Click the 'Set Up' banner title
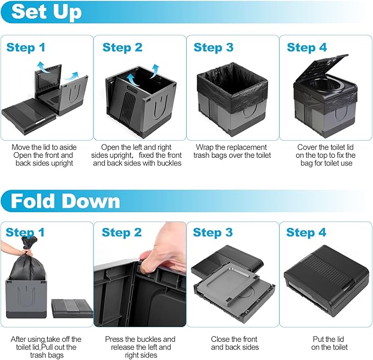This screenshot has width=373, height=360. coord(46,12)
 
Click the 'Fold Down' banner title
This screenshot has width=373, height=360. coord(65,201)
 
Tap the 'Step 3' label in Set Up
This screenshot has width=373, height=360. coord(213,47)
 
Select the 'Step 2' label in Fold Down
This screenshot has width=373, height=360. coord(121,232)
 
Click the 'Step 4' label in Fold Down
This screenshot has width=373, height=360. coord(306,232)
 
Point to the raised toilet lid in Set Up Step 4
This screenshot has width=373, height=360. coord(321,68)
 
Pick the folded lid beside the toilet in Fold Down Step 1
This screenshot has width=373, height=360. coord(72,308)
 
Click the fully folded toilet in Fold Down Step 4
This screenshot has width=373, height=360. coord(326,280)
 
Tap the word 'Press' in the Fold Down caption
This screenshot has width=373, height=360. coord(114,339)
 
